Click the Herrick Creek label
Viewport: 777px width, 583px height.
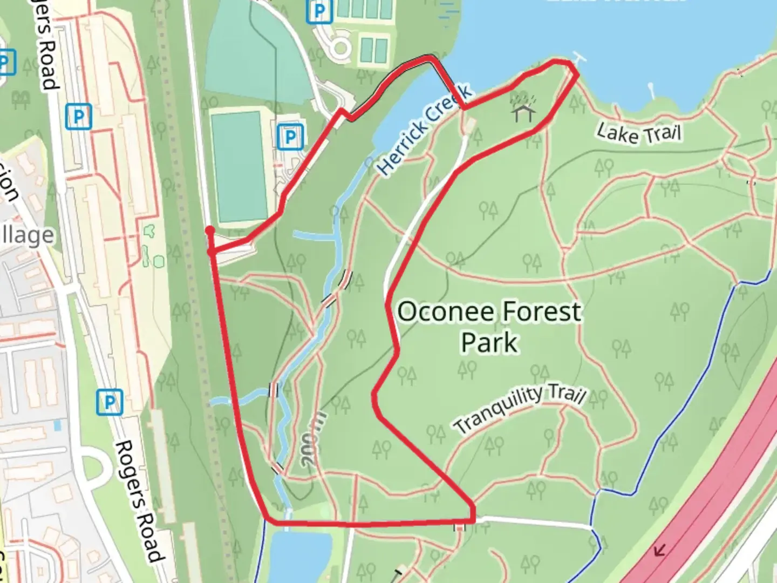pyautogui.click(x=424, y=130)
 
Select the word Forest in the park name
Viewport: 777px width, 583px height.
pyautogui.click(x=542, y=312)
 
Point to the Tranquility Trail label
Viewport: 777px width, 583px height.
pyautogui.click(x=519, y=409)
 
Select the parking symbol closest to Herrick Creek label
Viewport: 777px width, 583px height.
pyautogui.click(x=290, y=137)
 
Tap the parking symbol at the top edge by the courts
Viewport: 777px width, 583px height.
pyautogui.click(x=319, y=11)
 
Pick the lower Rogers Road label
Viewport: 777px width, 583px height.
pyautogui.click(x=139, y=501)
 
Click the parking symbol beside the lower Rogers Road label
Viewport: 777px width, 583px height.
pyautogui.click(x=110, y=402)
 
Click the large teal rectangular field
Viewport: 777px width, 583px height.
pyautogui.click(x=238, y=165)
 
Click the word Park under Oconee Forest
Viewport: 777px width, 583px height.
pyautogui.click(x=489, y=343)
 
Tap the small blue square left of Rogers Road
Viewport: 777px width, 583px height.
pyautogui.click(x=57, y=426)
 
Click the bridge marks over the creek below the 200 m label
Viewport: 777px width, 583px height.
pyautogui.click(x=277, y=467)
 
